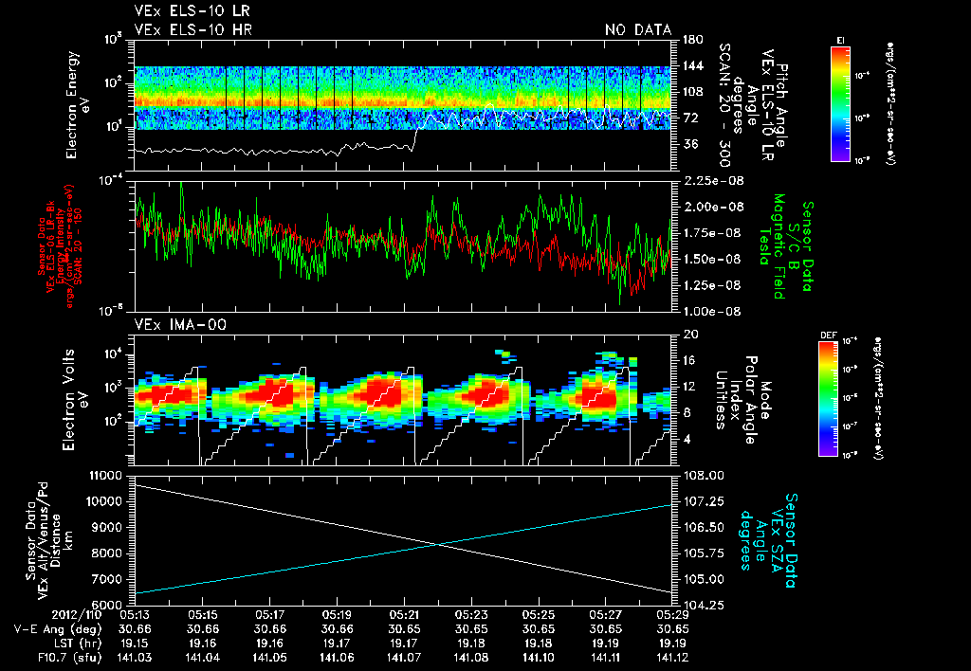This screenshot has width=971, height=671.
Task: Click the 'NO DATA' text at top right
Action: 637,30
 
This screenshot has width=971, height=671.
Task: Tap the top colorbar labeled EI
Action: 840,100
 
